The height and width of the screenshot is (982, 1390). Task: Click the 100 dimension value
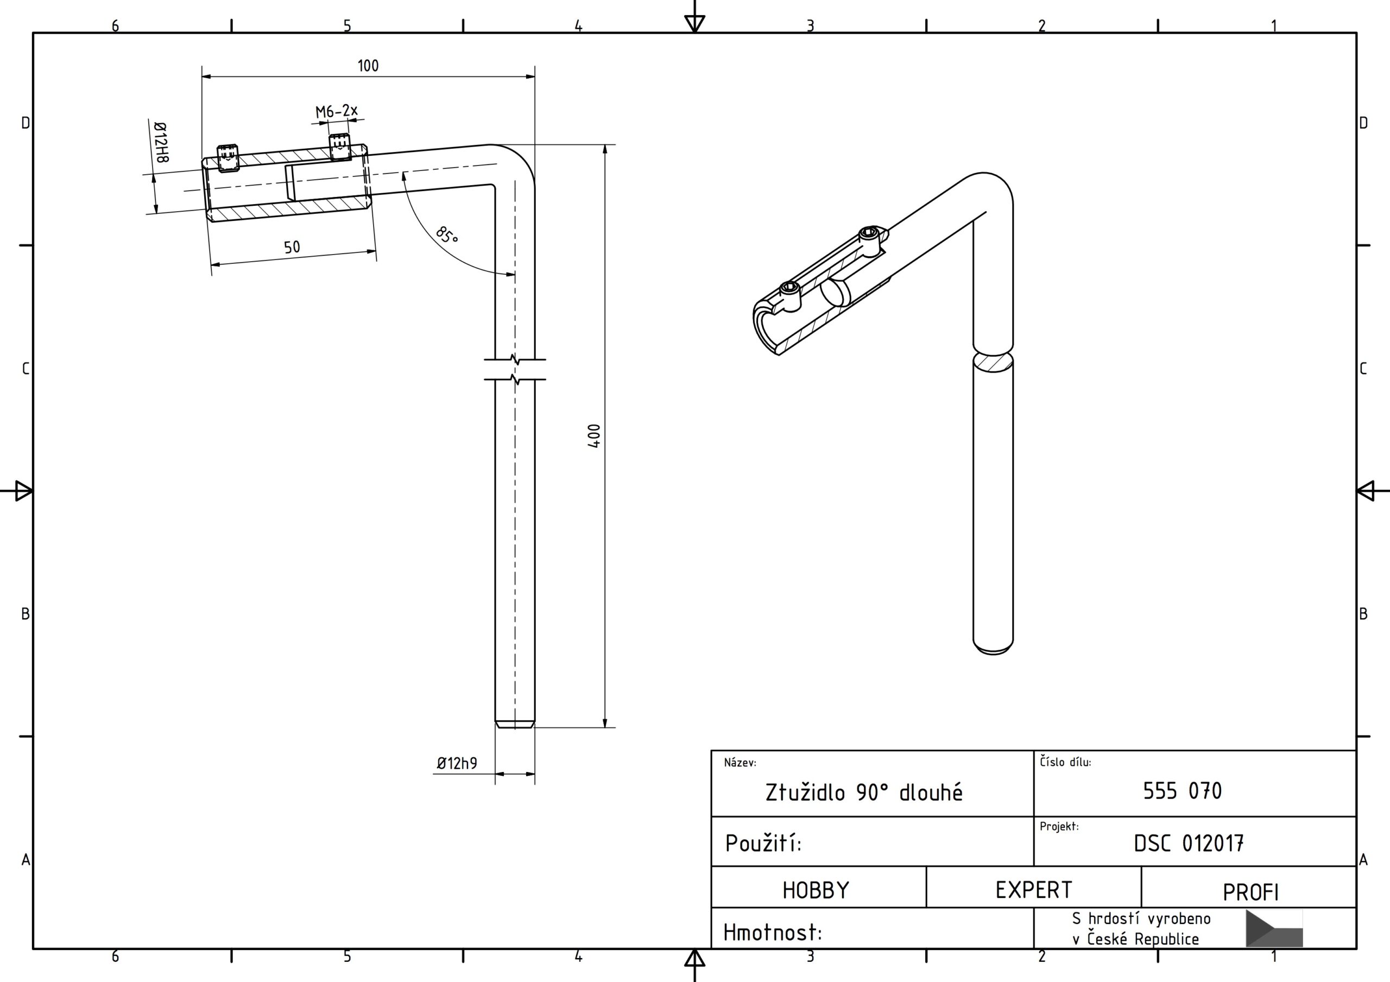[x=368, y=65]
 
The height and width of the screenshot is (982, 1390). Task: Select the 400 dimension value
[x=594, y=435]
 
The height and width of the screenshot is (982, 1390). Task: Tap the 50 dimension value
[x=292, y=247]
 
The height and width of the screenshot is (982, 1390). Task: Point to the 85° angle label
[x=447, y=235]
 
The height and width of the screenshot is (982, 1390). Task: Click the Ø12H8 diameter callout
[x=161, y=142]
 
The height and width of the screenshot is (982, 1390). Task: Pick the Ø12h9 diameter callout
[x=457, y=763]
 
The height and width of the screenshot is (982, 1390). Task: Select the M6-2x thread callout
[x=337, y=111]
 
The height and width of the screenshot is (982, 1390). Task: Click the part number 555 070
[x=1181, y=791]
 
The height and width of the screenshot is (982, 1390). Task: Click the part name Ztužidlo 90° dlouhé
[x=863, y=793]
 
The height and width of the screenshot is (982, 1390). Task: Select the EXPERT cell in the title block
[x=1033, y=890]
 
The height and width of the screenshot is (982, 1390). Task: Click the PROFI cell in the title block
[x=1250, y=892]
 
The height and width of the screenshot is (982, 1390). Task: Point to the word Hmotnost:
[x=773, y=933]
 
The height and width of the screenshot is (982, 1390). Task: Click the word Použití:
[x=763, y=842]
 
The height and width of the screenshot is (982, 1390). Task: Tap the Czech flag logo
[x=1274, y=928]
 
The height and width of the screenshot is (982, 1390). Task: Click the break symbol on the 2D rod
[x=515, y=369]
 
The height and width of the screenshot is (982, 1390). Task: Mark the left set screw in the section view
[x=228, y=157]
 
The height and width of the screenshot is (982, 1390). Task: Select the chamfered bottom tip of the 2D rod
[x=515, y=724]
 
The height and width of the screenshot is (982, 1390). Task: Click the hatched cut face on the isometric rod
[x=993, y=362]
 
